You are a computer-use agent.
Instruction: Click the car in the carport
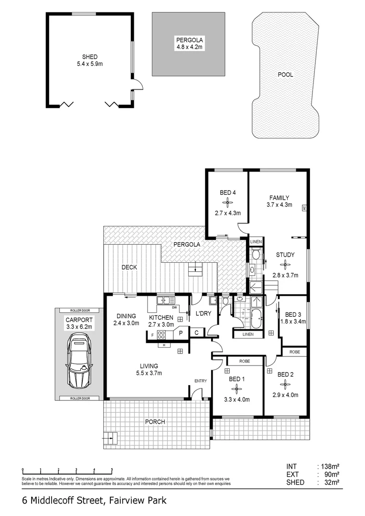click(79, 361)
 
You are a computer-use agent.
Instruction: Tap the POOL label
click(285, 75)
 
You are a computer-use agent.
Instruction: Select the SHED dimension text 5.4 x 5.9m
click(90, 64)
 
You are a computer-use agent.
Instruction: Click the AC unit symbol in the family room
click(304, 208)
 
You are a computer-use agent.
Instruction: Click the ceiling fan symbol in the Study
click(285, 264)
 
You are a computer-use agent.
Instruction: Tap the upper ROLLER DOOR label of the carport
click(80, 311)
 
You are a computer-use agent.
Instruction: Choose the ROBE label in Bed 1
click(245, 361)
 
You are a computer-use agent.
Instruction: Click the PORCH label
click(155, 421)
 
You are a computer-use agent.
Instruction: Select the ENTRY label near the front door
click(201, 381)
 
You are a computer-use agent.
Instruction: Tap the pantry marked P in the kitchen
click(181, 333)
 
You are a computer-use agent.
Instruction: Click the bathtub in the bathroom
click(257, 318)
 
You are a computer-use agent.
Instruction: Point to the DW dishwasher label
click(175, 308)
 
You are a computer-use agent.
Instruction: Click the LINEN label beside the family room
click(256, 242)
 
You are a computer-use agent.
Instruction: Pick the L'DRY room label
click(204, 313)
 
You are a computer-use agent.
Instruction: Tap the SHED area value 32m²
click(332, 483)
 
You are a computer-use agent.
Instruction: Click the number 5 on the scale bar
click(112, 470)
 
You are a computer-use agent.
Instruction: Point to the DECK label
click(129, 267)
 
